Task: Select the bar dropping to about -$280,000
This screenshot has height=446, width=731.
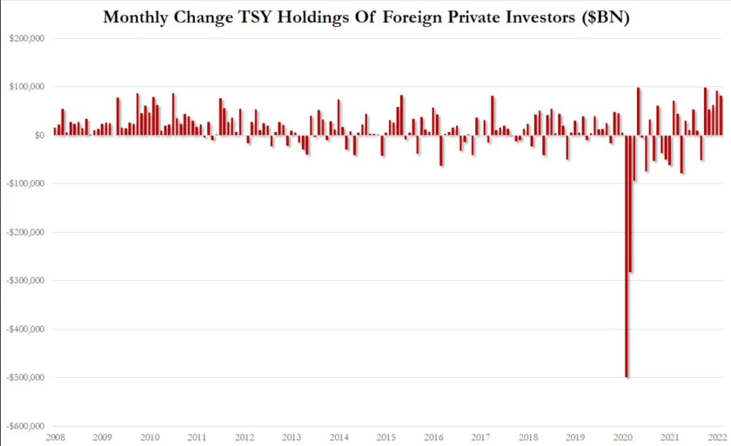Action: [x=631, y=203]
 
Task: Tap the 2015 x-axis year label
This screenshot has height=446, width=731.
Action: [x=386, y=437]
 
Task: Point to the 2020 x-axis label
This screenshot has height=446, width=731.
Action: [x=623, y=437]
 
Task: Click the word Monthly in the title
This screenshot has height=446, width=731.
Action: [x=136, y=18]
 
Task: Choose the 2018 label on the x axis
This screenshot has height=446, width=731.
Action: [x=528, y=437]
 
